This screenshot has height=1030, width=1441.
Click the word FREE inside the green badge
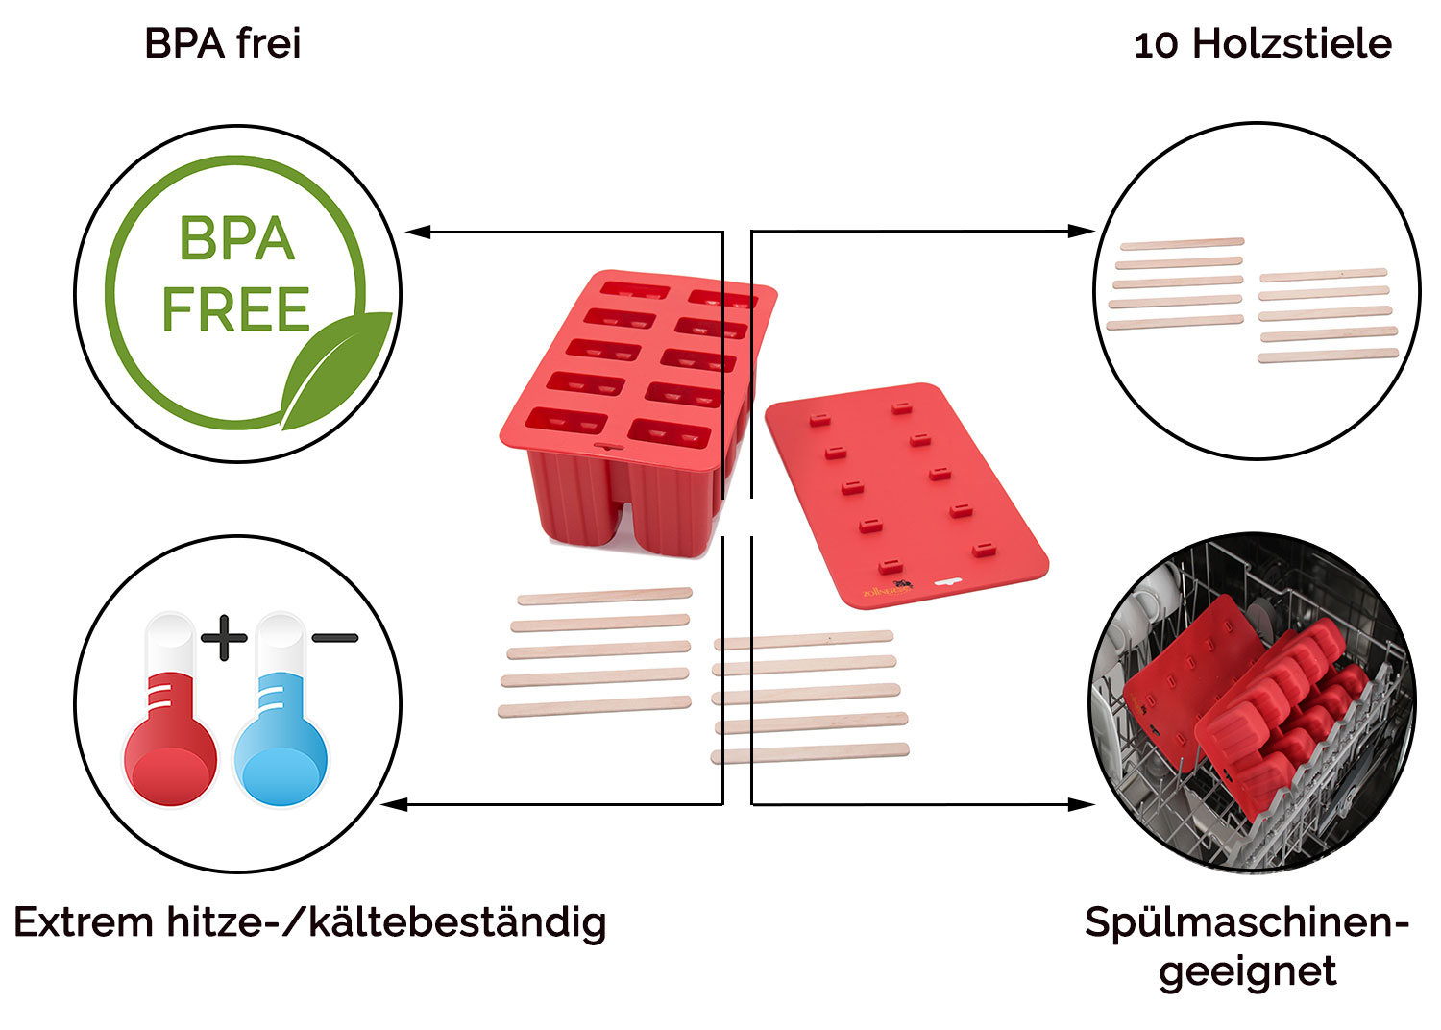click(x=236, y=308)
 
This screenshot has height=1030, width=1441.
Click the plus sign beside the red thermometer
click(x=224, y=638)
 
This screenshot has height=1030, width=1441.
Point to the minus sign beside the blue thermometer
click(x=335, y=638)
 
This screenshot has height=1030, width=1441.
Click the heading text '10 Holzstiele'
click(x=1263, y=44)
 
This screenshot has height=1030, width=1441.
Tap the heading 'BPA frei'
click(x=223, y=44)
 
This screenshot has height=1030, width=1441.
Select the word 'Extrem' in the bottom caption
click(x=83, y=922)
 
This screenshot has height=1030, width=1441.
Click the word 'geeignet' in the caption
click(x=1247, y=972)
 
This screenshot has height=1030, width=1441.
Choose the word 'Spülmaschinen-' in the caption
click(x=1247, y=923)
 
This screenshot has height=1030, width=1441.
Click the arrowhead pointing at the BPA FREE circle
click(x=418, y=232)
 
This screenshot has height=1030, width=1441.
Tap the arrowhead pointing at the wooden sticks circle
click(x=1082, y=231)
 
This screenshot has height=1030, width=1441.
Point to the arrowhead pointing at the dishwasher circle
click(x=1082, y=804)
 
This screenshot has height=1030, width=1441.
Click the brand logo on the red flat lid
click(x=888, y=589)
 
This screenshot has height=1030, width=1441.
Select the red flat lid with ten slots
click(x=907, y=496)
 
